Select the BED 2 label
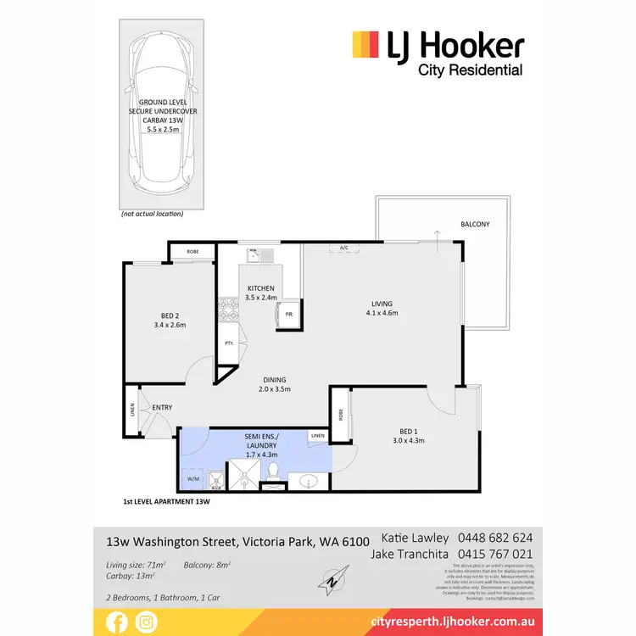click(170, 320)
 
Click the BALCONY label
click(475, 225)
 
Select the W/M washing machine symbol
click(192, 480)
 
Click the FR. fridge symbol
click(288, 314)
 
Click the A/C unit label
click(344, 248)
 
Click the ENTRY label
click(162, 408)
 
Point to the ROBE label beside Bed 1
click(340, 416)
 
